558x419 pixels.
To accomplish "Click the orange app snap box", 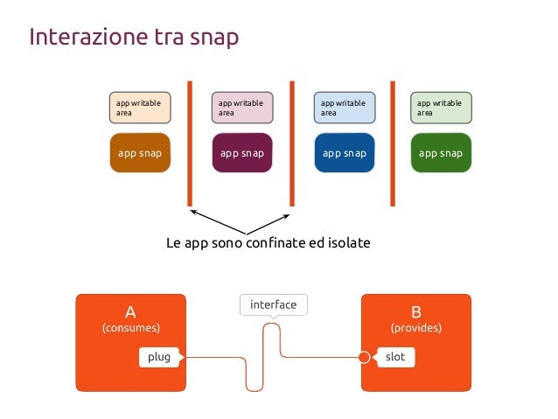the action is [139, 153].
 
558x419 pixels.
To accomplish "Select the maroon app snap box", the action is [241, 153].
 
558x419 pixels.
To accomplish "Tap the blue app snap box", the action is [344, 153].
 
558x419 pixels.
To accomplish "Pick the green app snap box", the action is [441, 153].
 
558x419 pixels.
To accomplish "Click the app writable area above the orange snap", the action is [139, 108].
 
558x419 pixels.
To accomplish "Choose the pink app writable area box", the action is [241, 108].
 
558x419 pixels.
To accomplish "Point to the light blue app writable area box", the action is [344, 108].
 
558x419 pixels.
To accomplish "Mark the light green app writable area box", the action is [441, 108].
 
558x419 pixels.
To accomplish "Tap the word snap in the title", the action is [212, 39].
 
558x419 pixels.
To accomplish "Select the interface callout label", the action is [273, 305].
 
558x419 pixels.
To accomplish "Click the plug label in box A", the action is [158, 357].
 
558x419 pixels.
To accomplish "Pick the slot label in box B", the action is [394, 357].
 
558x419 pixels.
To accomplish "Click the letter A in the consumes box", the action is [130, 311].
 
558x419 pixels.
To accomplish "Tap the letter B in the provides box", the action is [415, 311].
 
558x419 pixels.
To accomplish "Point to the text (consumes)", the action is [130, 328].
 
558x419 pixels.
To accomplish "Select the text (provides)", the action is [415, 328].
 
